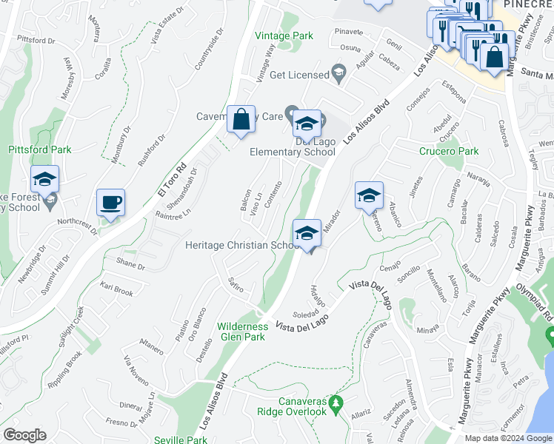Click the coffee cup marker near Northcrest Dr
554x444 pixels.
110,203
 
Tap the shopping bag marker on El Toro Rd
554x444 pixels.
241,121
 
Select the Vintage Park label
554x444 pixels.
284,36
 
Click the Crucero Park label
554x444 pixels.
449,151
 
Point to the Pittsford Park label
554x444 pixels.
40,149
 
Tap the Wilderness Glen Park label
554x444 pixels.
242,331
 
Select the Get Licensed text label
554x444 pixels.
299,75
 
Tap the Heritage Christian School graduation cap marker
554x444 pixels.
307,233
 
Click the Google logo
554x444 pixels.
24,435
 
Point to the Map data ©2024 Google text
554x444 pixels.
508,437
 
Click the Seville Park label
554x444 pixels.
181,440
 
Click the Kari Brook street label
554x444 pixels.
117,289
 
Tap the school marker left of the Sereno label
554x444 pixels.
369,196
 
